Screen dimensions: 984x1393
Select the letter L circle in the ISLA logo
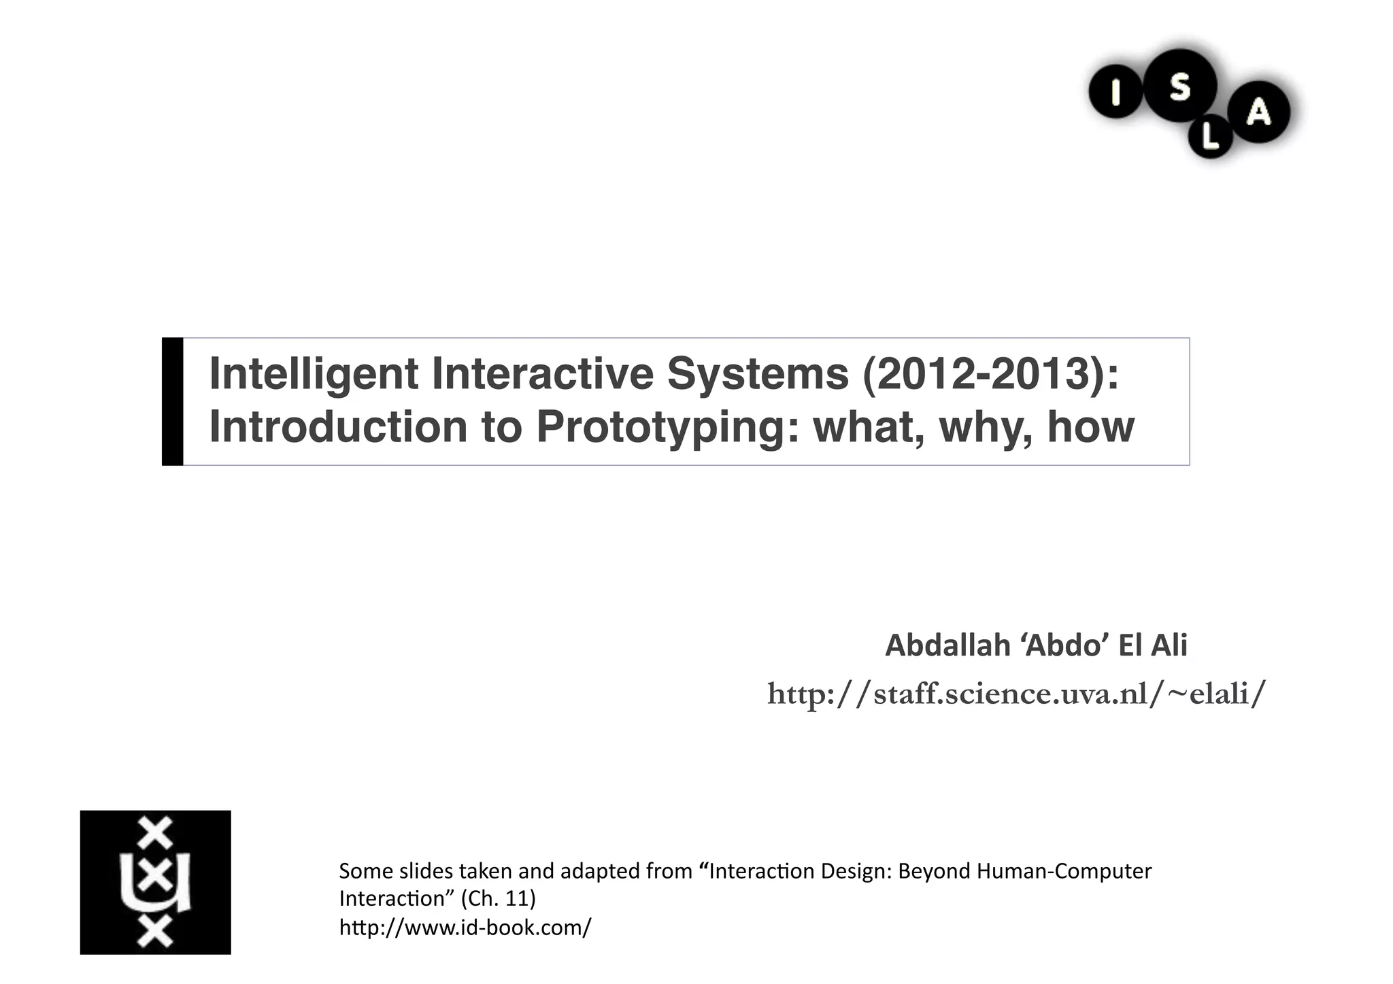click(1210, 138)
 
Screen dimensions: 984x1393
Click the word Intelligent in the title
click(314, 375)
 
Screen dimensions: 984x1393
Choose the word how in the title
click(1090, 426)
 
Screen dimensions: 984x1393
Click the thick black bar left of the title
click(172, 401)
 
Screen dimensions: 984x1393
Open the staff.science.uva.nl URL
click(1016, 694)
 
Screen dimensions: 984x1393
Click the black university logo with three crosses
click(155, 882)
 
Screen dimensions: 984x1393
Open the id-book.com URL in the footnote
click(465, 927)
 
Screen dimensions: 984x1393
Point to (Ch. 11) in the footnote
click(498, 899)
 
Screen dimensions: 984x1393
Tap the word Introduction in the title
click(338, 426)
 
